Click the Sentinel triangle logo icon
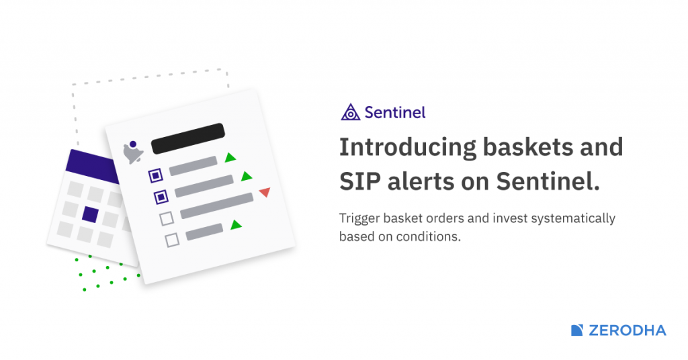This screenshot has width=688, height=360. click(350, 112)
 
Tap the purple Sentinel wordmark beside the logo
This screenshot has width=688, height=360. click(394, 112)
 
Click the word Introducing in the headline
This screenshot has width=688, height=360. click(407, 147)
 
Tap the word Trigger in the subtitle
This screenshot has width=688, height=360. click(358, 219)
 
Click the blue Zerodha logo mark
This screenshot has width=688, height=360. click(577, 330)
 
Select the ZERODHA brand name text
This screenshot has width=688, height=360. click(627, 330)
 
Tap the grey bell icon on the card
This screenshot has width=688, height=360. click(133, 153)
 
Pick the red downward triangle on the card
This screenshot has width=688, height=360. click(264, 193)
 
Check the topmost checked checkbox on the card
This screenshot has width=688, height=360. click(155, 175)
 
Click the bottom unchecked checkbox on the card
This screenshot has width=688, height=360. click(172, 238)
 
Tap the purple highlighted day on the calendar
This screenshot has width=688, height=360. click(90, 215)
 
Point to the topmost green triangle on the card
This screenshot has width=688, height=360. click(230, 158)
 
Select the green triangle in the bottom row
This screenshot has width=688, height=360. click(235, 225)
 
